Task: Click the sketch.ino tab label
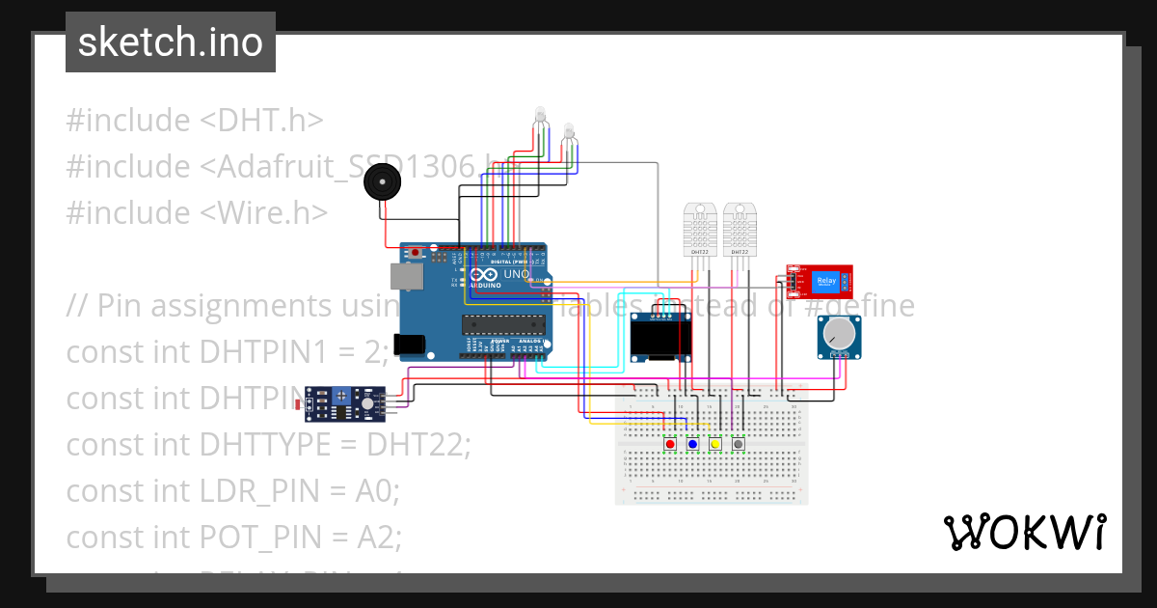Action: click(170, 42)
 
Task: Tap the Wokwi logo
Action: click(1024, 532)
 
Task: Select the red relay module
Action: click(819, 282)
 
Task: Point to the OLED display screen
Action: click(662, 338)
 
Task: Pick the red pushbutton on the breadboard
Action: click(670, 444)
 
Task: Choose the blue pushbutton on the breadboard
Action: click(692, 444)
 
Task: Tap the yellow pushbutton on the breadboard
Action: click(715, 444)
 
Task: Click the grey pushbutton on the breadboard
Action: click(739, 444)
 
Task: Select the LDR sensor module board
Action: click(345, 403)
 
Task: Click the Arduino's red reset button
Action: click(416, 253)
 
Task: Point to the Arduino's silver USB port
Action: click(407, 278)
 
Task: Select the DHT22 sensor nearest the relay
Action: click(740, 230)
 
